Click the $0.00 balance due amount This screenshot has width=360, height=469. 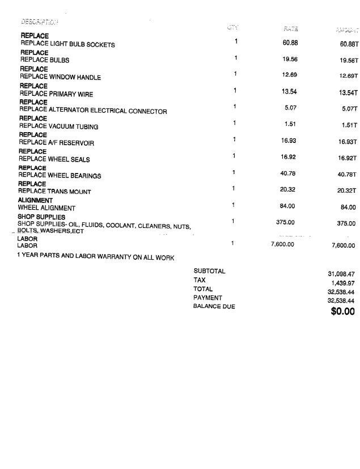pyautogui.click(x=342, y=311)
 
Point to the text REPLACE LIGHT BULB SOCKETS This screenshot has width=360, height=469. pyautogui.click(x=67, y=44)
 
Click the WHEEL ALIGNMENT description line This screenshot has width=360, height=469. pyautogui.click(x=46, y=208)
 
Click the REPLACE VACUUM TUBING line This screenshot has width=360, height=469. pyautogui.click(x=59, y=126)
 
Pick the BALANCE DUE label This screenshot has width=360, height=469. pyautogui.click(x=214, y=307)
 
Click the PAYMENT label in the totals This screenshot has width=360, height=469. pyautogui.click(x=207, y=298)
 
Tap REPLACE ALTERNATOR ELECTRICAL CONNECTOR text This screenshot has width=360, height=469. pyautogui.click(x=94, y=111)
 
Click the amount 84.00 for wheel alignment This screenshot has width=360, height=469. pyautogui.click(x=348, y=208)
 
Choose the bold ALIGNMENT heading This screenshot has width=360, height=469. pyautogui.click(x=35, y=201)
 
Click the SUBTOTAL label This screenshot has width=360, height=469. pyautogui.click(x=209, y=271)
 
